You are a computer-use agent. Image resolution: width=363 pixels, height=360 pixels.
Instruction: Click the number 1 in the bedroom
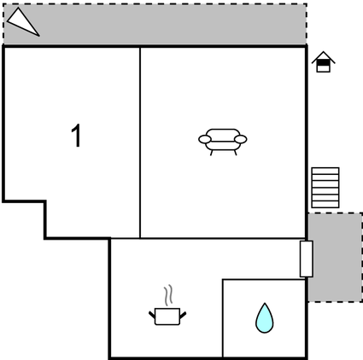[77, 136]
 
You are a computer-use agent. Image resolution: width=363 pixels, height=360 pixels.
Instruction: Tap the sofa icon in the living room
[223, 142]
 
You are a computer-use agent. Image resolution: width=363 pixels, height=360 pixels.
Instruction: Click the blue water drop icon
[265, 318]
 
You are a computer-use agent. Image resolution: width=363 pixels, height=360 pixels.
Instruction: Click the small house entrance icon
[324, 61]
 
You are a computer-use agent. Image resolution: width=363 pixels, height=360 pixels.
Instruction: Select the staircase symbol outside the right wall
[325, 188]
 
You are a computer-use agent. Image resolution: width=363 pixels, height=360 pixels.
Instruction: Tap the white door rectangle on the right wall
[307, 258]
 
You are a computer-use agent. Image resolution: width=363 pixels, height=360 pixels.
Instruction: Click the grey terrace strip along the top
[155, 24]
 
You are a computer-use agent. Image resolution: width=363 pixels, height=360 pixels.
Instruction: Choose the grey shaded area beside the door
[336, 258]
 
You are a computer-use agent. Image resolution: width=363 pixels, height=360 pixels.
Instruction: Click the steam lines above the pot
[168, 295]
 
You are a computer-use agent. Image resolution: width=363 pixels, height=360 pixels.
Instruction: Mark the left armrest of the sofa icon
[205, 139]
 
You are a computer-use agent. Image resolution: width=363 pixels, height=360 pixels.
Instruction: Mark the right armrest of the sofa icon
[241, 139]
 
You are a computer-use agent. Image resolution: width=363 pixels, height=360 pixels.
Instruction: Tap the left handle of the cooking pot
[152, 315]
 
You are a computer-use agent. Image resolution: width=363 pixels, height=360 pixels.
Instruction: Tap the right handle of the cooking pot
[183, 315]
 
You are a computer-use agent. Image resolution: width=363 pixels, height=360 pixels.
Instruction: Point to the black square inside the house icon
[324, 62]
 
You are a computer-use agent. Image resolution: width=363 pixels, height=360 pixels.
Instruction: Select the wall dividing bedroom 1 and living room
[140, 142]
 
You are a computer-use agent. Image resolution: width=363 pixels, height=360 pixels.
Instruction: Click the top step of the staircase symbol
[325, 171]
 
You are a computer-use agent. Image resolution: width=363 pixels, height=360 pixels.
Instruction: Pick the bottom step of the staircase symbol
[325, 205]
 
